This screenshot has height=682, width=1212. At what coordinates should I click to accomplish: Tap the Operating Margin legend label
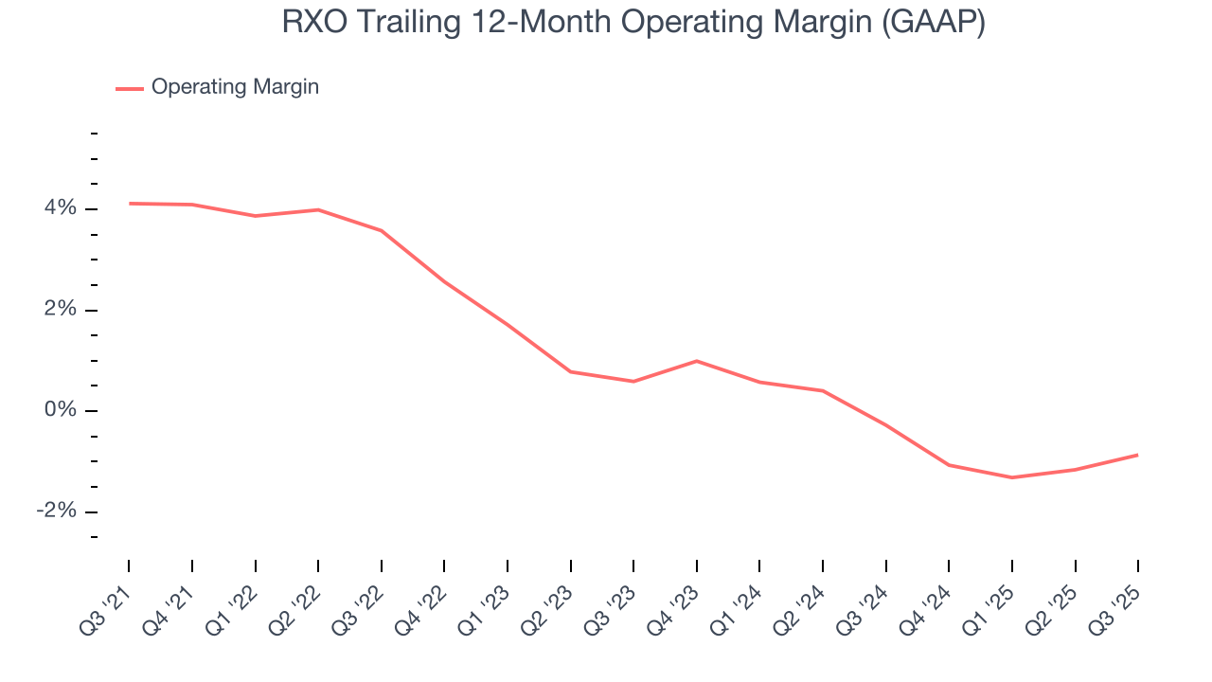tap(235, 87)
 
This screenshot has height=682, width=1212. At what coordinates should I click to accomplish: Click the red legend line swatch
tap(130, 88)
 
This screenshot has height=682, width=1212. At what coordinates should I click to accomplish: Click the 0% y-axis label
tap(60, 410)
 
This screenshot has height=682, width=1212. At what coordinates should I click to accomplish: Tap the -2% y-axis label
tap(56, 511)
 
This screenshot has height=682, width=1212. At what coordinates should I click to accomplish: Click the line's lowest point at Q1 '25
tap(1012, 477)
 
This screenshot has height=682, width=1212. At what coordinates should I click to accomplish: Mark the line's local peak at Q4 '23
tap(697, 361)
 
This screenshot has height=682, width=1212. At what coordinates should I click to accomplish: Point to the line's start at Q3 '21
tap(130, 203)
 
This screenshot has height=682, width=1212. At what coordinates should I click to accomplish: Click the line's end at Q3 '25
tap(1137, 455)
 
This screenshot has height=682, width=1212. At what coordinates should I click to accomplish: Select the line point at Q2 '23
tap(571, 371)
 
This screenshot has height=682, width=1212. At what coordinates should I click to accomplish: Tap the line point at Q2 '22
tap(318, 209)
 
